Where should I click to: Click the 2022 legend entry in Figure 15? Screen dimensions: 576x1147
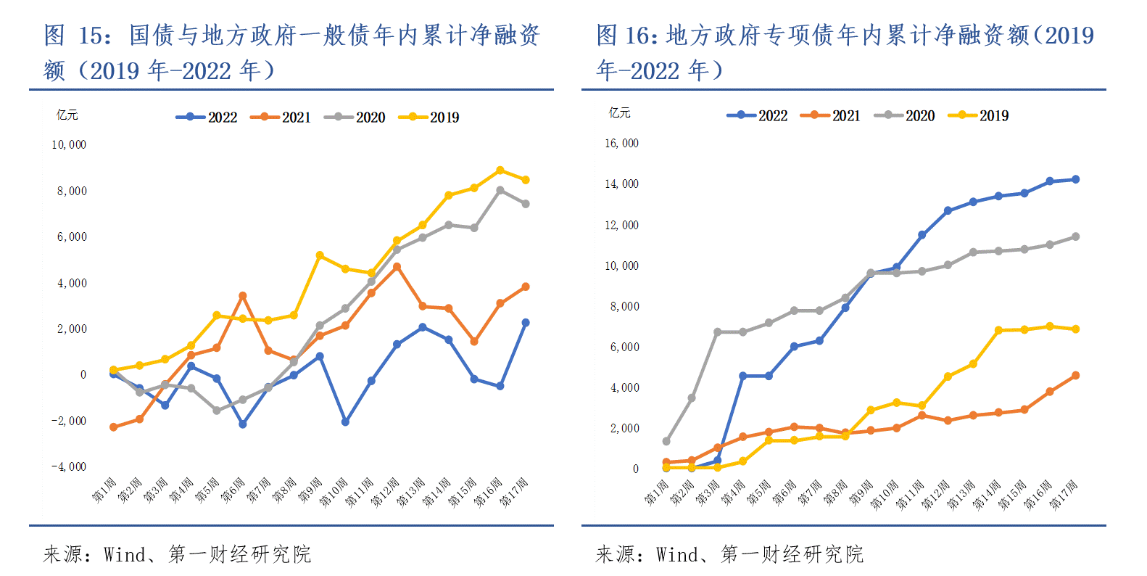tap(207, 118)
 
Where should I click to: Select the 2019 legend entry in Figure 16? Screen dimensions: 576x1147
tap(978, 116)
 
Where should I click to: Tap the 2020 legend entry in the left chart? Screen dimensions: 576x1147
tap(355, 118)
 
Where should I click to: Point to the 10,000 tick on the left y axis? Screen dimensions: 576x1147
tap(69, 145)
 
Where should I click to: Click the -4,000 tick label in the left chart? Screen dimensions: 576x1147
tap(69, 467)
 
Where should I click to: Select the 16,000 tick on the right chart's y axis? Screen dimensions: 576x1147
tap(621, 144)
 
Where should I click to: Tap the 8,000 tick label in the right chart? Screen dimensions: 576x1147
tap(624, 307)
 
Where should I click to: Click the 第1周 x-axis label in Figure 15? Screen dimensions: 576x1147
tap(104, 490)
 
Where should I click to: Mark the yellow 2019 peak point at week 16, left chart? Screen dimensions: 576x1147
tap(500, 170)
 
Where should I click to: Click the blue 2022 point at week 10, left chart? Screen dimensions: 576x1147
tap(345, 421)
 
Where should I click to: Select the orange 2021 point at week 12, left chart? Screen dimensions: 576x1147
tap(397, 267)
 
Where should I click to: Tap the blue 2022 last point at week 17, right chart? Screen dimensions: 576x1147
tap(1075, 179)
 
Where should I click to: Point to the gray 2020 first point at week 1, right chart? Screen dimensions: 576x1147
tap(666, 441)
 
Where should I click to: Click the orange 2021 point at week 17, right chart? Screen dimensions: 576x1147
tap(1075, 376)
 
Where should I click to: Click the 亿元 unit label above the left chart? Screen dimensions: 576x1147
tap(67, 115)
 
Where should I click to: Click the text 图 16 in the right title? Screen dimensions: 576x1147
tap(624, 35)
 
